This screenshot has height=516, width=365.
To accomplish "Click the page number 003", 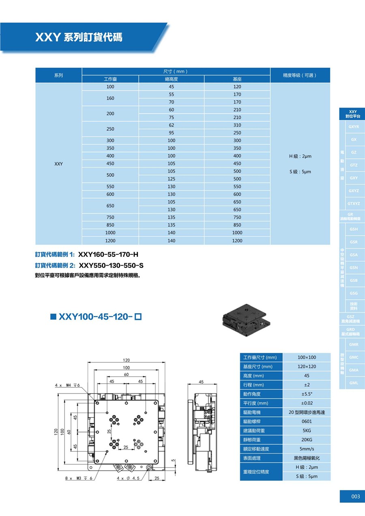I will (x=355, y=497).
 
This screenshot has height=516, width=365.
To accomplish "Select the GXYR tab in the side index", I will (x=354, y=127).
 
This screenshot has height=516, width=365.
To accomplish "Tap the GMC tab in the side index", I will (x=354, y=357).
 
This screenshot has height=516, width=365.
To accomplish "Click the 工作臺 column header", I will (x=110, y=79).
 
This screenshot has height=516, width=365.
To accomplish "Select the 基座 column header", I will (x=237, y=79).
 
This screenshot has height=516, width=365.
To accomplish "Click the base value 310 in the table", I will (x=237, y=125).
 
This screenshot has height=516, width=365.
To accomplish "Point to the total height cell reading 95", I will (x=171, y=133).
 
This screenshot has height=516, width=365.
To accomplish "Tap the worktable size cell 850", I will (x=110, y=225).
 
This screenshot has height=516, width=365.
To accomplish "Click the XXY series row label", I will (x=58, y=164).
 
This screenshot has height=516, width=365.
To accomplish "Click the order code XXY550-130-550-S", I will (x=112, y=265).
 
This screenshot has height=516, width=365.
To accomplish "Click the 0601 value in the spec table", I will (x=307, y=421).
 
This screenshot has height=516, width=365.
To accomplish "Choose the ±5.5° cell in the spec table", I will (x=307, y=394).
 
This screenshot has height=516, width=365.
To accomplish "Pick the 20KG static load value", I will (x=307, y=440).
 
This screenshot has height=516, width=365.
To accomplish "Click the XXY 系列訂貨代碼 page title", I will (x=79, y=38).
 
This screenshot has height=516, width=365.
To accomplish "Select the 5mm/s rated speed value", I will (x=307, y=449).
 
